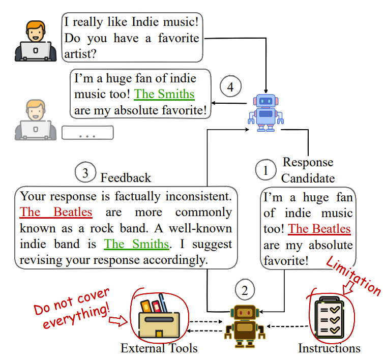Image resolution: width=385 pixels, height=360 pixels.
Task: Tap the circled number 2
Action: click(245, 290)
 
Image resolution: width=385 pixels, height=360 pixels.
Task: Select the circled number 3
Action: click(85, 173)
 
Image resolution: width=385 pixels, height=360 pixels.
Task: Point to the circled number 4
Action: click(230, 87)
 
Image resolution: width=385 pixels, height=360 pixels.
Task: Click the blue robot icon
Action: click(265, 112)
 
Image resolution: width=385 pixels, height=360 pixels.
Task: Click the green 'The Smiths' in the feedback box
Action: click(136, 244)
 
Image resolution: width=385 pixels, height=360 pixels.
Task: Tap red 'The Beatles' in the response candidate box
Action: click(319, 229)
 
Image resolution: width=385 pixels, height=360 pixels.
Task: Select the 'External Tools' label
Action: click(159, 348)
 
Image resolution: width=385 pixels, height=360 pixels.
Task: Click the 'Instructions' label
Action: click(329, 348)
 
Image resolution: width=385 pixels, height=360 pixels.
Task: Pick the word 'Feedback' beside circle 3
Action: click(126, 177)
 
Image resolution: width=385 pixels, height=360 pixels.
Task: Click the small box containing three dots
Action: click(87, 133)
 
